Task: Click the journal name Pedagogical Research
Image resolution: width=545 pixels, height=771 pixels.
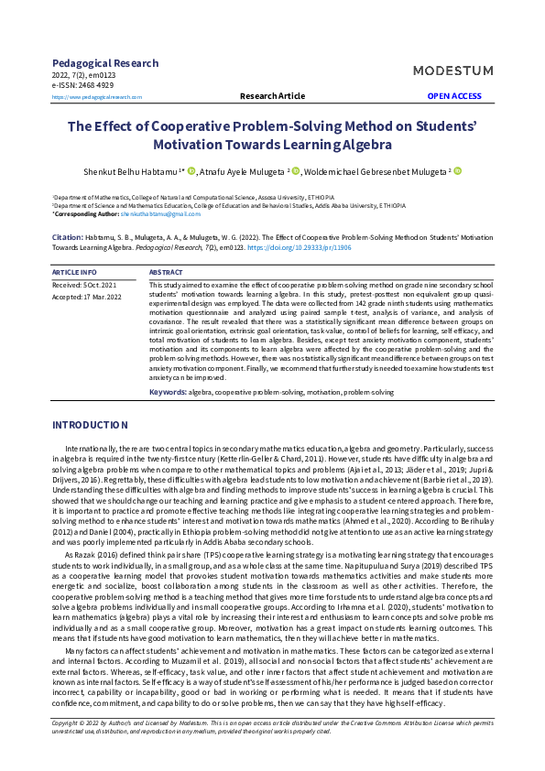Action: point(105,63)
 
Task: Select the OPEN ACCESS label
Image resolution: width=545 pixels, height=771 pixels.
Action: point(453,96)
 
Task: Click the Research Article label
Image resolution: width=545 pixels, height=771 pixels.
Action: point(272,96)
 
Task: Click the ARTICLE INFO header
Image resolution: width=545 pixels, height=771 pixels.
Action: point(74,273)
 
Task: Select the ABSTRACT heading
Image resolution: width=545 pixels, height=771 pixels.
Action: point(166,273)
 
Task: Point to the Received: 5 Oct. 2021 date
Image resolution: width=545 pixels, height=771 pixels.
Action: point(84,286)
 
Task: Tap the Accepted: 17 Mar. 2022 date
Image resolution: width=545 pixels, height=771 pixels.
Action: point(87,297)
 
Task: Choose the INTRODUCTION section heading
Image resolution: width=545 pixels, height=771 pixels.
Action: point(90,425)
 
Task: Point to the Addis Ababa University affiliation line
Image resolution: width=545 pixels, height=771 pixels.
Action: point(229,206)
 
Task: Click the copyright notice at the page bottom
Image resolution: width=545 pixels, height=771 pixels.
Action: point(272,726)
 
